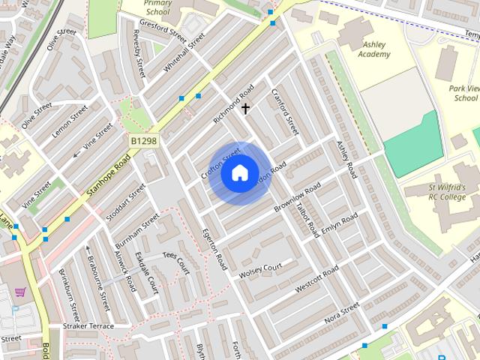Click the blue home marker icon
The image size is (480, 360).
point(239,173)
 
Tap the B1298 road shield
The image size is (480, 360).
point(144,140)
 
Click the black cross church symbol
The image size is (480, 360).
point(245,109)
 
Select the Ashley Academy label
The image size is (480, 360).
point(373,49)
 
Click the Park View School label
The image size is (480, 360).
point(463,93)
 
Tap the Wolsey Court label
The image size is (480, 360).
point(259,271)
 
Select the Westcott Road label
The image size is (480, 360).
point(316,280)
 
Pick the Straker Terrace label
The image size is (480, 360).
point(88,326)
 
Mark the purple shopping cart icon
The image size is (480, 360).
point(20,292)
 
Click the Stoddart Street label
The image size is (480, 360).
point(126,202)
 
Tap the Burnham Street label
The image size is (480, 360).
point(137,232)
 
